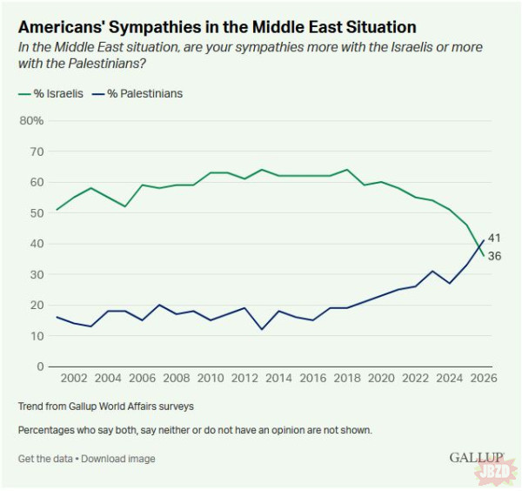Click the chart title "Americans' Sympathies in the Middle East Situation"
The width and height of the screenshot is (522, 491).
pyautogui.click(x=217, y=28)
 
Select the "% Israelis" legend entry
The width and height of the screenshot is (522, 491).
pyautogui.click(x=51, y=93)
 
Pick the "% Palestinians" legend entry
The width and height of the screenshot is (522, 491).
pyautogui.click(x=139, y=93)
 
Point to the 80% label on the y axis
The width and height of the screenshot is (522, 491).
pyautogui.click(x=31, y=120)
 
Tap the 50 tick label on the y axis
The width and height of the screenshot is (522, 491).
pyautogui.click(x=37, y=212)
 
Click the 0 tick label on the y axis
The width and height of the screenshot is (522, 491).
pyautogui.click(x=40, y=367)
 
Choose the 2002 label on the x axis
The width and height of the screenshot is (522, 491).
pyautogui.click(x=73, y=380)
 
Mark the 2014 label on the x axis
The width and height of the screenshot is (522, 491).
pyautogui.click(x=278, y=380)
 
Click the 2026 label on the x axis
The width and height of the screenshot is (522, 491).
pyautogui.click(x=483, y=380)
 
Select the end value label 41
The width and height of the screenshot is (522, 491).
pyautogui.click(x=494, y=239)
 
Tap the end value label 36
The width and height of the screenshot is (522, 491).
pyautogui.click(x=494, y=256)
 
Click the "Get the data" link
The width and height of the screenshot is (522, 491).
pyautogui.click(x=45, y=458)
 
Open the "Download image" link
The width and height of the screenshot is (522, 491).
pyautogui.click(x=118, y=458)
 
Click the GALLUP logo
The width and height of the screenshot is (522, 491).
pyautogui.click(x=477, y=457)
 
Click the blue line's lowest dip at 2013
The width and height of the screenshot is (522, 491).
pyautogui.click(x=261, y=329)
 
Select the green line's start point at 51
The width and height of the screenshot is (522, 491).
pyautogui.click(x=57, y=210)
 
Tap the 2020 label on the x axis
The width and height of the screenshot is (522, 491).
pyautogui.click(x=381, y=380)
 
